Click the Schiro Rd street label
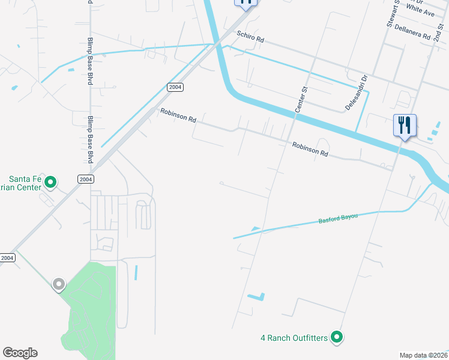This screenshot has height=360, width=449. (x=250, y=37)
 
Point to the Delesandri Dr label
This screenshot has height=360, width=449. (x=356, y=92)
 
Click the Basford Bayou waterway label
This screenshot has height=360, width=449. (x=337, y=220)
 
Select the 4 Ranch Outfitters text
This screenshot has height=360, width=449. (x=294, y=338)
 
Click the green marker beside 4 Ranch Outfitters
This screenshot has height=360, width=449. (x=337, y=338)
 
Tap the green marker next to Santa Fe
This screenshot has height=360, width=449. (x=51, y=181)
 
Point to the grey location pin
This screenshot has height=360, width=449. (x=58, y=284)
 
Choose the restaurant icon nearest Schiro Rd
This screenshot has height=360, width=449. (x=246, y=3)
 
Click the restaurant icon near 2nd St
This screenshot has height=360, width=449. (x=405, y=126)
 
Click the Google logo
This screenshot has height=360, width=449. (x=20, y=353)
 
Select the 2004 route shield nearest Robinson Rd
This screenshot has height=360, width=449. (x=175, y=87)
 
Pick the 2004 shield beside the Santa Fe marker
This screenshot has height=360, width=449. (x=86, y=179)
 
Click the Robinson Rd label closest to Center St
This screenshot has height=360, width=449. (x=310, y=149)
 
